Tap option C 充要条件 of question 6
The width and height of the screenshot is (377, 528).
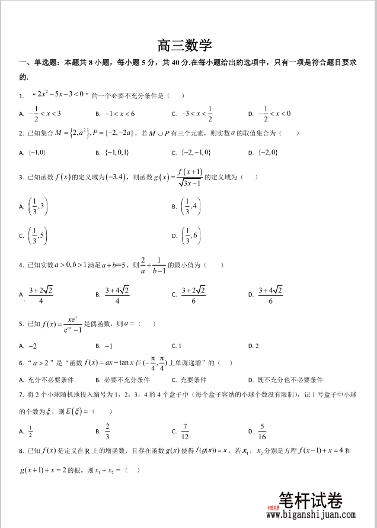click(190, 379)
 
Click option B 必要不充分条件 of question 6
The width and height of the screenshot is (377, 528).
click(119, 379)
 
